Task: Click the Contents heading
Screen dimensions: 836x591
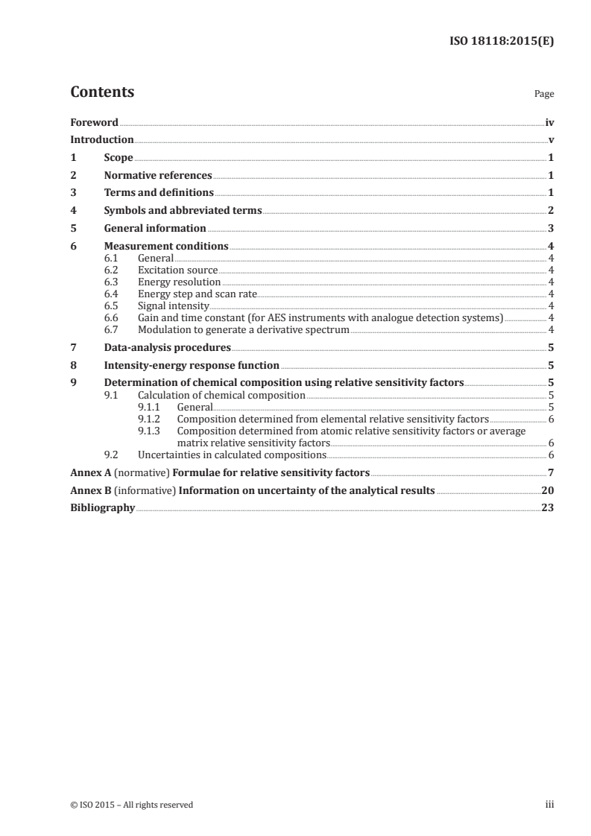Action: click(x=102, y=92)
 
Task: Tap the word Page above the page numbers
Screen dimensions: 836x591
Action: click(x=544, y=95)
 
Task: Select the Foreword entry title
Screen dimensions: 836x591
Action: click(x=94, y=122)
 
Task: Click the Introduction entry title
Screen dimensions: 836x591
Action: click(x=102, y=140)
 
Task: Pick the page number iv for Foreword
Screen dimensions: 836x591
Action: click(x=549, y=122)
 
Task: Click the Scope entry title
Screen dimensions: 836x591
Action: click(x=118, y=158)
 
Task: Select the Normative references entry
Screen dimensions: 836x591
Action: click(x=158, y=176)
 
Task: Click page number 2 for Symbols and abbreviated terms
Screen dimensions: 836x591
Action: click(x=551, y=211)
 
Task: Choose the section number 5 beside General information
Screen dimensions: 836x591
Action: click(x=73, y=228)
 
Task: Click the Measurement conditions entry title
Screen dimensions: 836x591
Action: click(x=166, y=246)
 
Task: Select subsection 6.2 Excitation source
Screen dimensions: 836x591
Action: click(x=177, y=270)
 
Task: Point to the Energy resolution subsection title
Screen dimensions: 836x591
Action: click(x=179, y=282)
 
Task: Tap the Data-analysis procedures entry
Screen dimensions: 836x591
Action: click(x=167, y=347)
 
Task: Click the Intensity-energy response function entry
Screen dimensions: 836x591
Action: click(x=192, y=365)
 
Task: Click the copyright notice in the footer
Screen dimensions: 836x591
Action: click(x=131, y=805)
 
